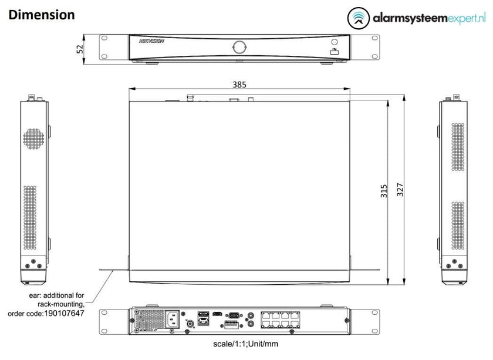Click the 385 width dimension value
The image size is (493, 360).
239,85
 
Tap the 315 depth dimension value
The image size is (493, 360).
383,191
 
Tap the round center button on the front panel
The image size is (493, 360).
239,46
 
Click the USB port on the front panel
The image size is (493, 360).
335,52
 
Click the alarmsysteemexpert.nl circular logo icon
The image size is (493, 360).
358,18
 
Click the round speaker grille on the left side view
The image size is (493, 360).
35,137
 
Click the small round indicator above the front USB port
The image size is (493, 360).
335,42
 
